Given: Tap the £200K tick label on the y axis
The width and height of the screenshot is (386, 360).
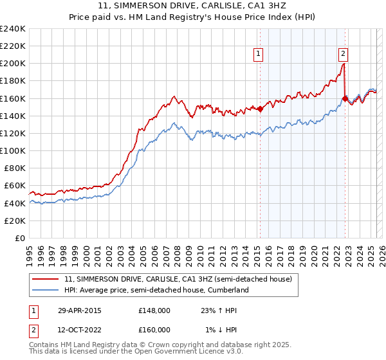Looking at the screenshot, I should pos(13,64).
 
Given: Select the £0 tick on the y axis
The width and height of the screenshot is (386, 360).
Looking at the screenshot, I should pos(21,238).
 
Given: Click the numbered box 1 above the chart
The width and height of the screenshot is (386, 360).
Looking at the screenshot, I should pos(258,54).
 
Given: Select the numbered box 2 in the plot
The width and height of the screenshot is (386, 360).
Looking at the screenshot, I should pos(344,54).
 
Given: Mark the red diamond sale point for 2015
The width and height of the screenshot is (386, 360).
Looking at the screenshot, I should pos(260,109).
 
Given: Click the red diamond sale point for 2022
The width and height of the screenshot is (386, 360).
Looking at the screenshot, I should pos(345,98).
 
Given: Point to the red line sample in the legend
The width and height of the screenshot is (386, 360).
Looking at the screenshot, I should pos(46,280).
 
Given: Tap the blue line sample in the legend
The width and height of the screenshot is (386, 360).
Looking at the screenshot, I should pos(46,290).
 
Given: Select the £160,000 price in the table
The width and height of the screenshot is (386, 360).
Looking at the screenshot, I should pos(154,330).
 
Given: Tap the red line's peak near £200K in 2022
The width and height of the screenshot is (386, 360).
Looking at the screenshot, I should pos(344,63).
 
